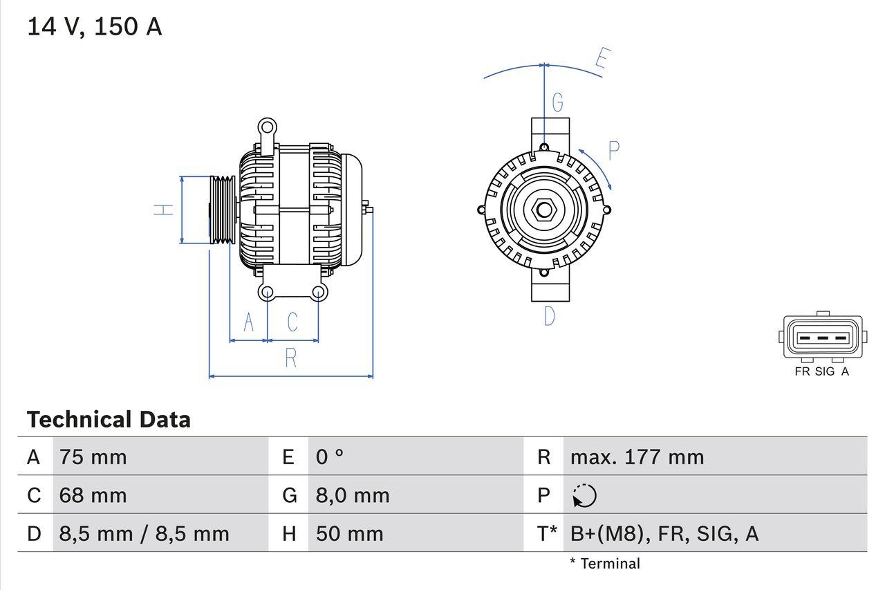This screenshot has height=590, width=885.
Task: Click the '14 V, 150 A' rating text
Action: (x=94, y=27)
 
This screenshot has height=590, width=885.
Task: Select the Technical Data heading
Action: (x=109, y=420)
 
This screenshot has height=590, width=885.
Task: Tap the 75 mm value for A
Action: (x=93, y=457)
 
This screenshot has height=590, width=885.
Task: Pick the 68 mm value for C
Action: (x=93, y=495)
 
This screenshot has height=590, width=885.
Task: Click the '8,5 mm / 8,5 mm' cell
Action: (x=144, y=533)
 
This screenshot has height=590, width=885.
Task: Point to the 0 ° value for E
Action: (x=330, y=457)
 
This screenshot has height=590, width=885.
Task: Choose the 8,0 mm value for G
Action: (x=353, y=495)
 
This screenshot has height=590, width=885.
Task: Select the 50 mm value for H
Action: (x=349, y=533)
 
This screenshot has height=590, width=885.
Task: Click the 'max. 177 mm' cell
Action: (x=637, y=457)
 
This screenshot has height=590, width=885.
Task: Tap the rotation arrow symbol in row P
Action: (x=584, y=496)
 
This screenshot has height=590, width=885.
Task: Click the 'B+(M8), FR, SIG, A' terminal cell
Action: (x=664, y=533)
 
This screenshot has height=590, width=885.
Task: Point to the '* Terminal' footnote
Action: (x=605, y=564)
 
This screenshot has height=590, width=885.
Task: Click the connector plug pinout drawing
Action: (x=822, y=338)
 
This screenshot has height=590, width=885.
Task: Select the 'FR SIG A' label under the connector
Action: (x=822, y=371)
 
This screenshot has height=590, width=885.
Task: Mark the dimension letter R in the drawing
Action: (x=291, y=358)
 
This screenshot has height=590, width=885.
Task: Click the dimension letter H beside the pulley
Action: (x=164, y=209)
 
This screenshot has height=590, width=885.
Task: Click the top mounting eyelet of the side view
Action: (x=267, y=127)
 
